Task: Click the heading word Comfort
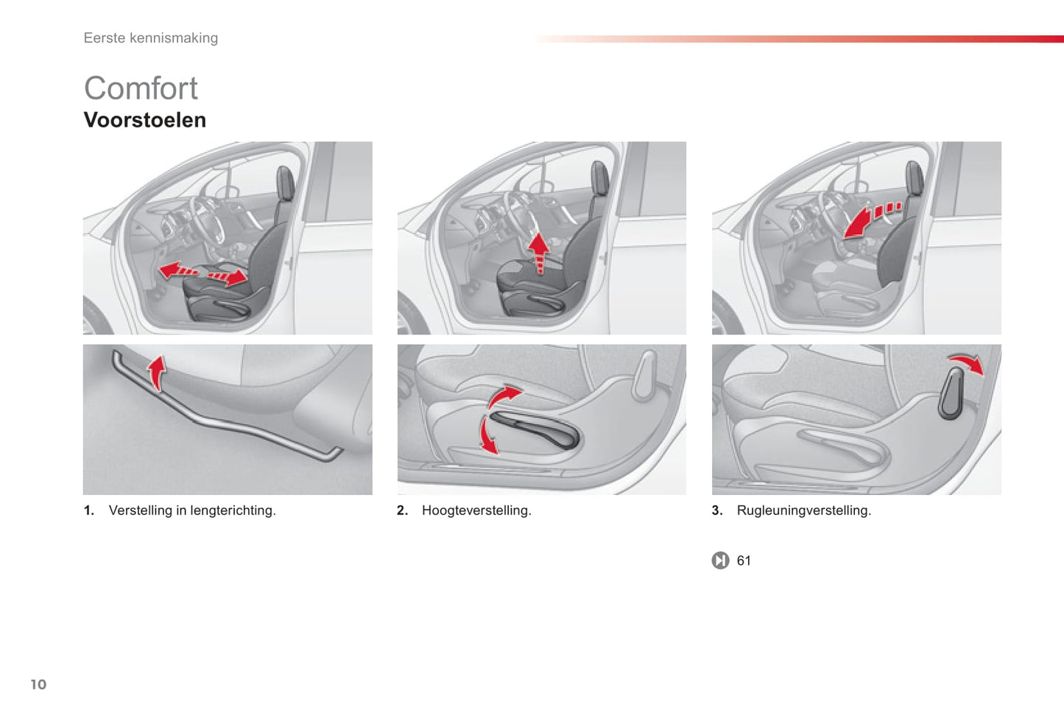141,88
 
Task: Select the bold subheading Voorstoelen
144,120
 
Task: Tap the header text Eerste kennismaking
150,38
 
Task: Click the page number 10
38,684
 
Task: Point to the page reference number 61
744,560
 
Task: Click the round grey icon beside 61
720,560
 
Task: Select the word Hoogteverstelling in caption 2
476,510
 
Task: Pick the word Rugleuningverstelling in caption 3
803,510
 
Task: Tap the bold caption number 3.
716,510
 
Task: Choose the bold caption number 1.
88,510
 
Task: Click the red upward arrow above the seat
540,252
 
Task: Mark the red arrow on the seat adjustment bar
156,372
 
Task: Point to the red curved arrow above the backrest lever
965,362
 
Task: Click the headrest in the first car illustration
285,183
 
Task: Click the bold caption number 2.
402,510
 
